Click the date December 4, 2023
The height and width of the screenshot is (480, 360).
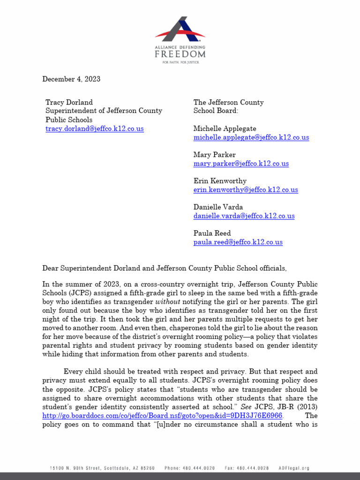[71, 79]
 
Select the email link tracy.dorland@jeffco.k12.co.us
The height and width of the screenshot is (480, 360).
[94, 128]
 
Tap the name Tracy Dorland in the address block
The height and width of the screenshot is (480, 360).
[69, 102]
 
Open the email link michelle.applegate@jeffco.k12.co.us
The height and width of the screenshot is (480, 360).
[251, 137]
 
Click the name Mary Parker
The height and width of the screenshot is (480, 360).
[215, 155]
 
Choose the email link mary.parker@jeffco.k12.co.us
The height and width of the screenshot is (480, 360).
[241, 164]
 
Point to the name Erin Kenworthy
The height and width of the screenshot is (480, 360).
[220, 181]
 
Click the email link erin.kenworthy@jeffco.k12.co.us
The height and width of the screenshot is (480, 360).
[246, 190]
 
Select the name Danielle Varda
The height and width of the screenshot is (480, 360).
[218, 207]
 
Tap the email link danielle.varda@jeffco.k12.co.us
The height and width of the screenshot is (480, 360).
[244, 216]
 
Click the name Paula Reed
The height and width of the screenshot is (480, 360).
[212, 233]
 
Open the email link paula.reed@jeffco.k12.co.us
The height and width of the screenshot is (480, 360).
[238, 242]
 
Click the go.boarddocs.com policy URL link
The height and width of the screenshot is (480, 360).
[162, 416]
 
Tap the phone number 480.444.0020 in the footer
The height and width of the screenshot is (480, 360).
[190, 468]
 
